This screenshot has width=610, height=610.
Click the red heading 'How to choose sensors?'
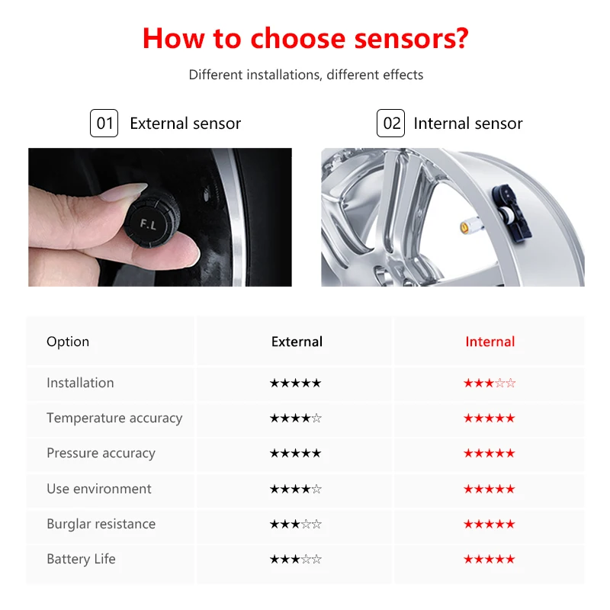pos(305,37)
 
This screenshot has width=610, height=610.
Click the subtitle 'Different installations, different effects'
pos(306,75)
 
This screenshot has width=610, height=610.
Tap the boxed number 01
pos(104,124)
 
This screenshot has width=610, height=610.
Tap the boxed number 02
pos(390,124)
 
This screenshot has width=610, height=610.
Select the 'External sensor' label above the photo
pos(185,124)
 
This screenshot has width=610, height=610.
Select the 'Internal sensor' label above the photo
pos(468,124)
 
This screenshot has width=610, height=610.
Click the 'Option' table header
pos(68,342)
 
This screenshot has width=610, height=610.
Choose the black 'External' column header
pos(297,342)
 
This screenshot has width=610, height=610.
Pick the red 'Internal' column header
pos(490,342)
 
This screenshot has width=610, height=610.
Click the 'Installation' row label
pos(80,383)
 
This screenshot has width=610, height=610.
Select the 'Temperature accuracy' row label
pos(114,418)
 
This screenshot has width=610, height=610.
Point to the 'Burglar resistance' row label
pos(101,524)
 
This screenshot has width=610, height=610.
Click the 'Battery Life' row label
pos(81,559)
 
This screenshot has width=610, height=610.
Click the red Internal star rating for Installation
pos(490,383)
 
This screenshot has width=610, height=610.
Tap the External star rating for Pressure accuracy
pos(296,453)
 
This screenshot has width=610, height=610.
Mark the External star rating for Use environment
pos(296,489)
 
